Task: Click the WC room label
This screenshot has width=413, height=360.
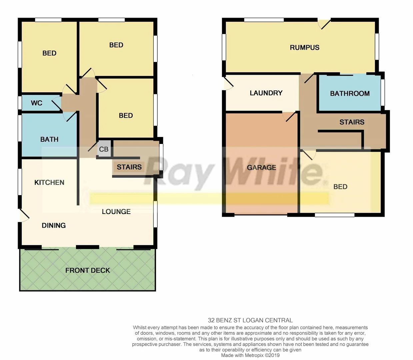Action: point(37,103)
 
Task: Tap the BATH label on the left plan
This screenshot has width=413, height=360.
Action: point(49,139)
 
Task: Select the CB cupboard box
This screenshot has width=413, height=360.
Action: point(104,149)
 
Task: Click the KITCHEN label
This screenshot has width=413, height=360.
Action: point(49,182)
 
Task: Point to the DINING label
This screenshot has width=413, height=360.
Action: point(54,225)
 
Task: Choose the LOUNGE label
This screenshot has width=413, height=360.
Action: point(116,212)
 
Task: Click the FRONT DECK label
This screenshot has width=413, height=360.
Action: point(88,270)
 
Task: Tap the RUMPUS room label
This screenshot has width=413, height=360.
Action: point(305,48)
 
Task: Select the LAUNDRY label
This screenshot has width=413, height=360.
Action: point(266,93)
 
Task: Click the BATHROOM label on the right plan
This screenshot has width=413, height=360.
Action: point(350,94)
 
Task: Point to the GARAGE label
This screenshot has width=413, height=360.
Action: point(261,167)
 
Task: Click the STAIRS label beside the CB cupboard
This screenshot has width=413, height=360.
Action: point(129,167)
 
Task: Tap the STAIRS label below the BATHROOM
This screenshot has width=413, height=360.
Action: point(352,122)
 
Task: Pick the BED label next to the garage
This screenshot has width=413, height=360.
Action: point(340,187)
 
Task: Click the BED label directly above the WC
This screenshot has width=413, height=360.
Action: point(49,53)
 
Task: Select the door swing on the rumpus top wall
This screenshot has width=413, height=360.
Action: point(324,24)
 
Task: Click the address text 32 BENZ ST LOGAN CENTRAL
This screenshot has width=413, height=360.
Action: point(250,320)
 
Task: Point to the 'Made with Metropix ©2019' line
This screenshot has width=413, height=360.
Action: point(250,355)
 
